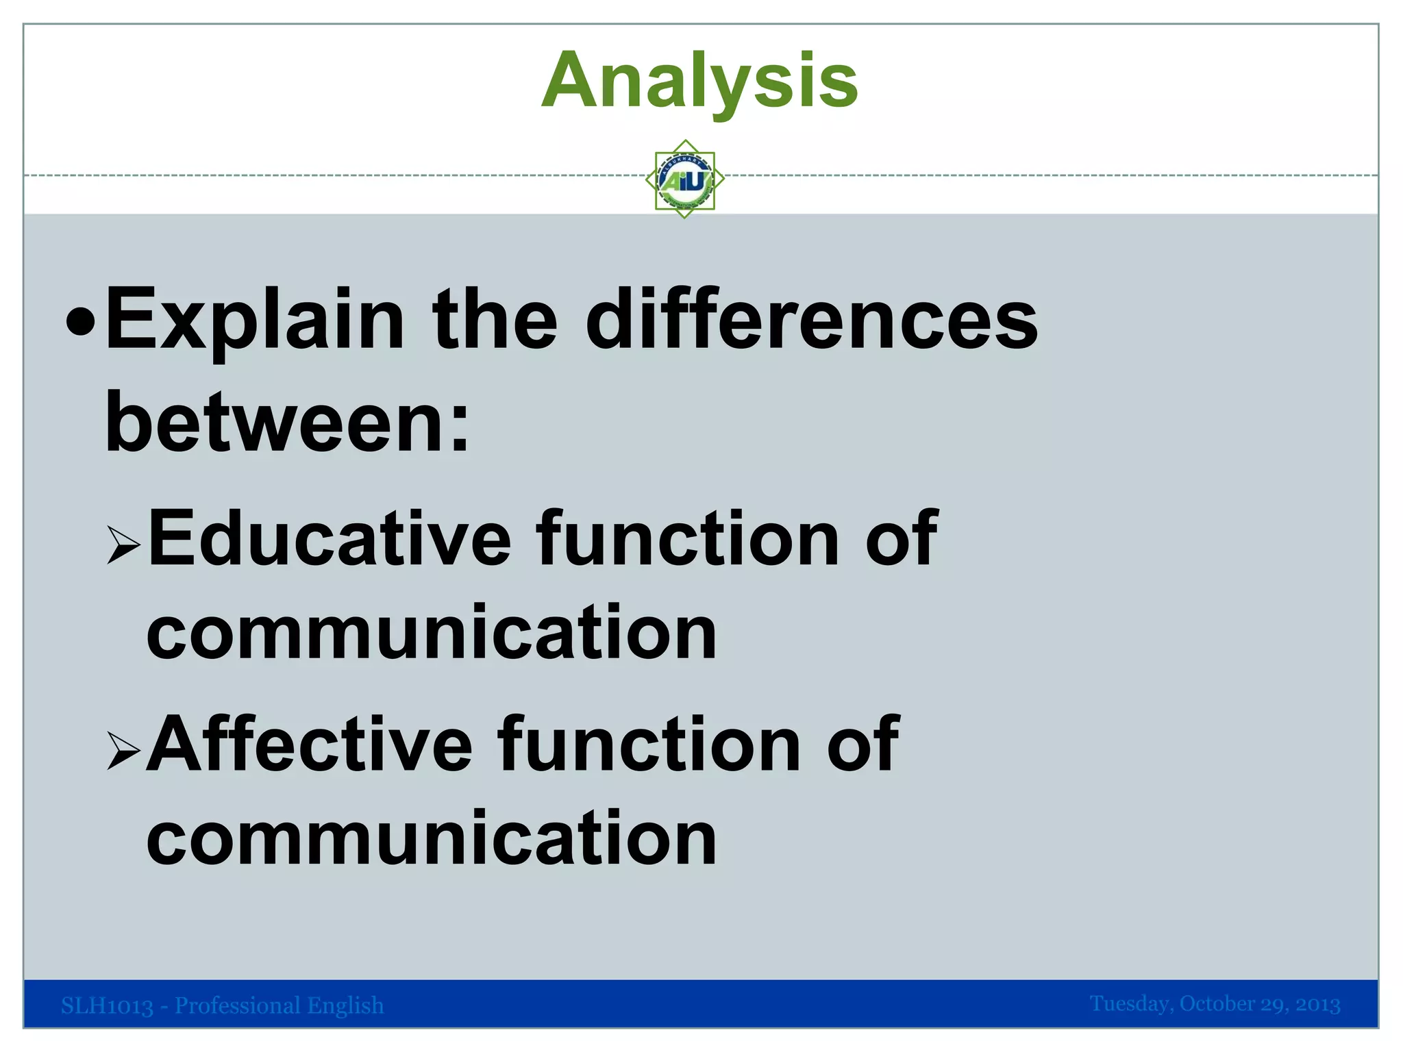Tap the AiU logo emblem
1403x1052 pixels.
click(685, 179)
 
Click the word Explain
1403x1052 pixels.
click(255, 321)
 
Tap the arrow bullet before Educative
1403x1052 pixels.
click(123, 545)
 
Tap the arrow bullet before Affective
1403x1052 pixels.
click(123, 751)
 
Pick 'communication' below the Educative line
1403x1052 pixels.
click(432, 633)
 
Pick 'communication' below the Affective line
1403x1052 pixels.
click(432, 838)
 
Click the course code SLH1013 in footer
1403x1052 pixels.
click(107, 1005)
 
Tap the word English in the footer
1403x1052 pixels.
click(345, 1005)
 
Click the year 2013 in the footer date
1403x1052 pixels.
click(1317, 1004)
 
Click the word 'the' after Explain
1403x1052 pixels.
click(495, 321)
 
